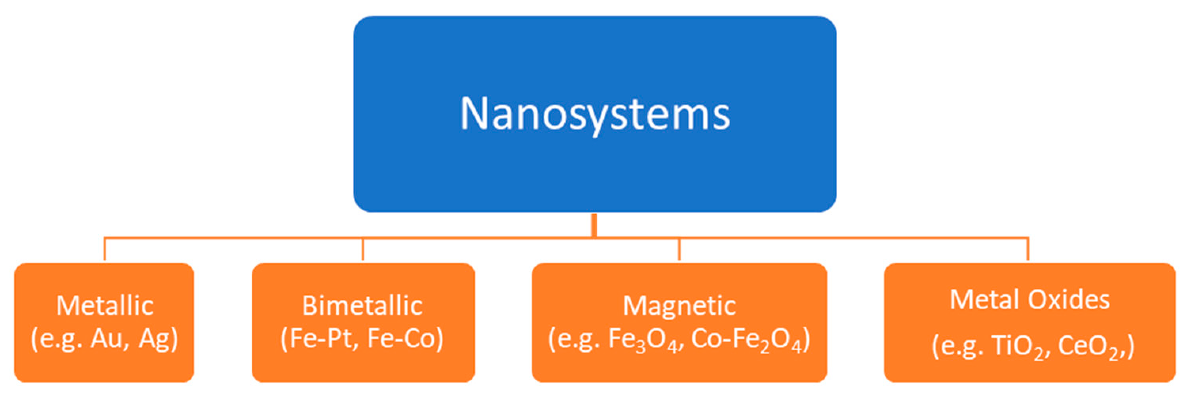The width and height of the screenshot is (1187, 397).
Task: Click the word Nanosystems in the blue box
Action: pyautogui.click(x=594, y=114)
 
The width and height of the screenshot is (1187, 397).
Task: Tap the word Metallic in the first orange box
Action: pyautogui.click(x=104, y=306)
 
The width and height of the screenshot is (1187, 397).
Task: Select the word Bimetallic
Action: pyautogui.click(x=362, y=306)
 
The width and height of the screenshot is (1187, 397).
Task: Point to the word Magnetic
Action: pyautogui.click(x=679, y=306)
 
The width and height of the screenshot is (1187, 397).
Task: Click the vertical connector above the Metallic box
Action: pyautogui.click(x=104, y=249)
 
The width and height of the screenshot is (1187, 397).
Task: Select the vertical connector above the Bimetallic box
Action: pyautogui.click(x=363, y=249)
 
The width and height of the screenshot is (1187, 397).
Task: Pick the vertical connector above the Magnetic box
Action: pyautogui.click(x=679, y=249)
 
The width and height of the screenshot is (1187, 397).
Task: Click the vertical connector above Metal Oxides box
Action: pyautogui.click(x=1028, y=249)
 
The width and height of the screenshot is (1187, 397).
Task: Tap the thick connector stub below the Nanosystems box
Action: pyautogui.click(x=594, y=225)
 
